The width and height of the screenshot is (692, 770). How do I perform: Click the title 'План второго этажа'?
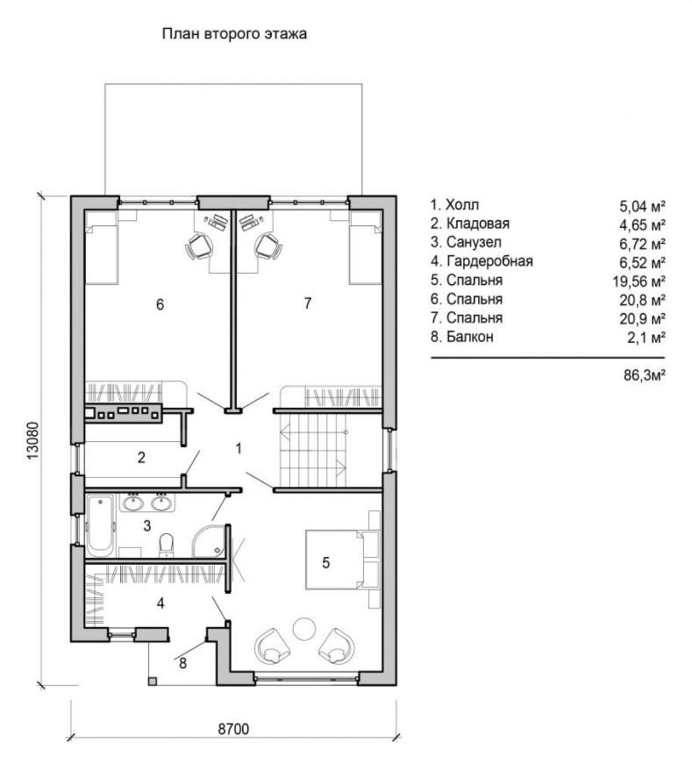coord(234,34)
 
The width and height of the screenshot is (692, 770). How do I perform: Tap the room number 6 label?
coord(161,304)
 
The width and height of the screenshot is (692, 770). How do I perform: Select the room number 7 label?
coord(308,303)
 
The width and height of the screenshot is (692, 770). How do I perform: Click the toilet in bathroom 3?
coord(168,545)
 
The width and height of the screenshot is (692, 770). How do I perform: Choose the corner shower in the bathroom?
coord(208,542)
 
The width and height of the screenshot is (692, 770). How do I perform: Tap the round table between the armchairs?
coord(304,629)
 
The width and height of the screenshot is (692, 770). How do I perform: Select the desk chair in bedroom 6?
coord(199,246)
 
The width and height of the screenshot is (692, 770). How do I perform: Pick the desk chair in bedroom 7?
coord(268,246)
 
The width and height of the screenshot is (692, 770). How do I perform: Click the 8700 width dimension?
coord(234,730)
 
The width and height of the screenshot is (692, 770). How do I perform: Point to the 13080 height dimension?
coord(32,440)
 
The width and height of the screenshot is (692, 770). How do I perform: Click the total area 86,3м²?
coord(645,375)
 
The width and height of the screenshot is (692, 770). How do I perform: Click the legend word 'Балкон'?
coord(470,337)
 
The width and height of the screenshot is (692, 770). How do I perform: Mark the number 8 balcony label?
coord(182,663)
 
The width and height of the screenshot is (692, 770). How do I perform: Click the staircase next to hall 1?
coord(313,449)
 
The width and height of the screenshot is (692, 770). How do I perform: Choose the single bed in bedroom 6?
coord(102,247)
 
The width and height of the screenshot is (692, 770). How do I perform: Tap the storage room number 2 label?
coord(141,458)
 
